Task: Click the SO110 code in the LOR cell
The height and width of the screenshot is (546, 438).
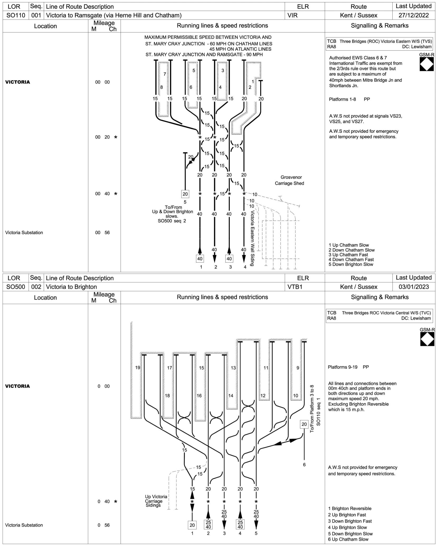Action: pos(16,15)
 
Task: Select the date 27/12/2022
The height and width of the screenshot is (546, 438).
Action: pos(413,15)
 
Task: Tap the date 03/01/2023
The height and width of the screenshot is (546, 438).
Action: pos(413,287)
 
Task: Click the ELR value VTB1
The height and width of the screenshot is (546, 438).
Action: pos(295,287)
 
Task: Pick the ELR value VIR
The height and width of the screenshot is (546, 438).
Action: pos(293,15)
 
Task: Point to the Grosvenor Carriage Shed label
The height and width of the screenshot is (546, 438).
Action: pos(289,180)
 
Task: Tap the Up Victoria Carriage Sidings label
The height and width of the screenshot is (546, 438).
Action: pos(156,501)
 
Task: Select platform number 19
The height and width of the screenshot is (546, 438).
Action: pos(138,368)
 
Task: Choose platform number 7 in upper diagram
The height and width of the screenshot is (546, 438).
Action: pos(165,74)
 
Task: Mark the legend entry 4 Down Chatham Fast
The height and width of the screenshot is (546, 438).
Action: pos(351,259)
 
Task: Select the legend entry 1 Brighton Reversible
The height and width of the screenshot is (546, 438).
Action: pos(350,509)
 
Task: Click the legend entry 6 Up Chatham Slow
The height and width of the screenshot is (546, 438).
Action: pos(348,539)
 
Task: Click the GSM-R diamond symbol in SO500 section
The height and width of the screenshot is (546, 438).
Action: pos(427,339)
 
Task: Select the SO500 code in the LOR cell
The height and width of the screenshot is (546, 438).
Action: pos(16,287)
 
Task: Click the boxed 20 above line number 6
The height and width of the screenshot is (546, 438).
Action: pos(304,424)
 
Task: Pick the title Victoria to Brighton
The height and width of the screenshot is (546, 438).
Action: pos(71,287)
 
